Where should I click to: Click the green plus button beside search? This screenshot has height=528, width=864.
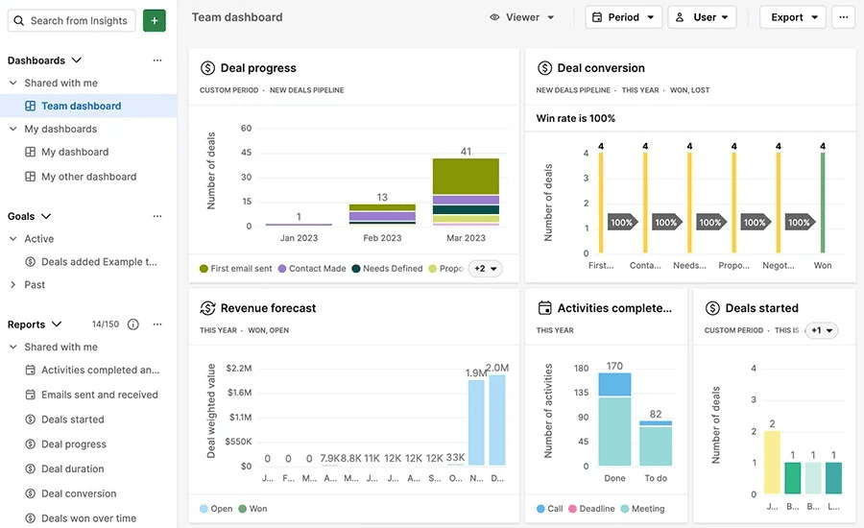pyautogui.click(x=154, y=20)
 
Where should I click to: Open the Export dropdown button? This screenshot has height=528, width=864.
pyautogui.click(x=792, y=17)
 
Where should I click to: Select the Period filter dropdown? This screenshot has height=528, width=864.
pyautogui.click(x=623, y=17)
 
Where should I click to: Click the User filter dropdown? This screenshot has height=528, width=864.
pyautogui.click(x=702, y=17)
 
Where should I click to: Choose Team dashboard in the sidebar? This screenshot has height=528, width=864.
pyautogui.click(x=81, y=106)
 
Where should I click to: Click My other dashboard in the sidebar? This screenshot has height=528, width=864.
pyautogui.click(x=88, y=177)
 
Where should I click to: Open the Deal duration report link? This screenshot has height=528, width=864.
pyautogui.click(x=72, y=468)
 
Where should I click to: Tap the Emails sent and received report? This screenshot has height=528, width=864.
pyautogui.click(x=99, y=395)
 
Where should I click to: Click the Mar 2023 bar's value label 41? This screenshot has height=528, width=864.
pyautogui.click(x=466, y=152)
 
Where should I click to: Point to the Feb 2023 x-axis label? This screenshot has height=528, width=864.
pyautogui.click(x=382, y=238)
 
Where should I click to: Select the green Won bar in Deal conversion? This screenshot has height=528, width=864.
pyautogui.click(x=823, y=203)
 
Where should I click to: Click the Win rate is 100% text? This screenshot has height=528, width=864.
pyautogui.click(x=576, y=118)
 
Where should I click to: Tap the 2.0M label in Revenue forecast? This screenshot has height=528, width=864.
pyautogui.click(x=497, y=369)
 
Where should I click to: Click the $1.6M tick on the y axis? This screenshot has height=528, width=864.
pyautogui.click(x=238, y=393)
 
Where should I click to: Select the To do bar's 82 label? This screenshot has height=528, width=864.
pyautogui.click(x=656, y=414)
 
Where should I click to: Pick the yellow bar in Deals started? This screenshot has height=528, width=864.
pyautogui.click(x=772, y=462)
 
